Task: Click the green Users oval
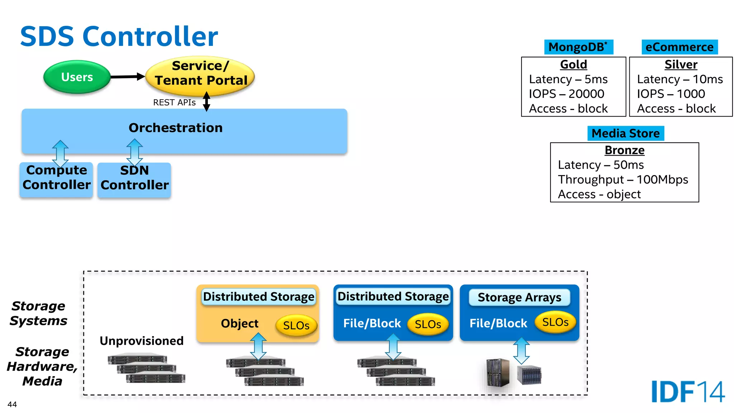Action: tap(77, 77)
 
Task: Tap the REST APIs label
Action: tap(174, 103)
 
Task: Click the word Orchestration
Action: tap(176, 128)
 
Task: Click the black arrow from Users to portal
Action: tap(127, 76)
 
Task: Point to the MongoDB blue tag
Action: tap(578, 47)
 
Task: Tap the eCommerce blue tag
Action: tap(679, 47)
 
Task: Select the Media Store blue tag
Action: tap(625, 133)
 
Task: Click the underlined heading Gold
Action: tap(573, 65)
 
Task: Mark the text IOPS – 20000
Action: tap(566, 94)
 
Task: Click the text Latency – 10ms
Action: tap(680, 79)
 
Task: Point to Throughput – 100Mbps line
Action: tap(623, 180)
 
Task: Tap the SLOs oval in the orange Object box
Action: tap(296, 325)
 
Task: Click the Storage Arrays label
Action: tap(519, 297)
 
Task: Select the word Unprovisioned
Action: tap(142, 341)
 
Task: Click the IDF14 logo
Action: tap(688, 391)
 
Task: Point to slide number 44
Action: tap(12, 404)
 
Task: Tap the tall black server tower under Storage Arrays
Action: tap(497, 373)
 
